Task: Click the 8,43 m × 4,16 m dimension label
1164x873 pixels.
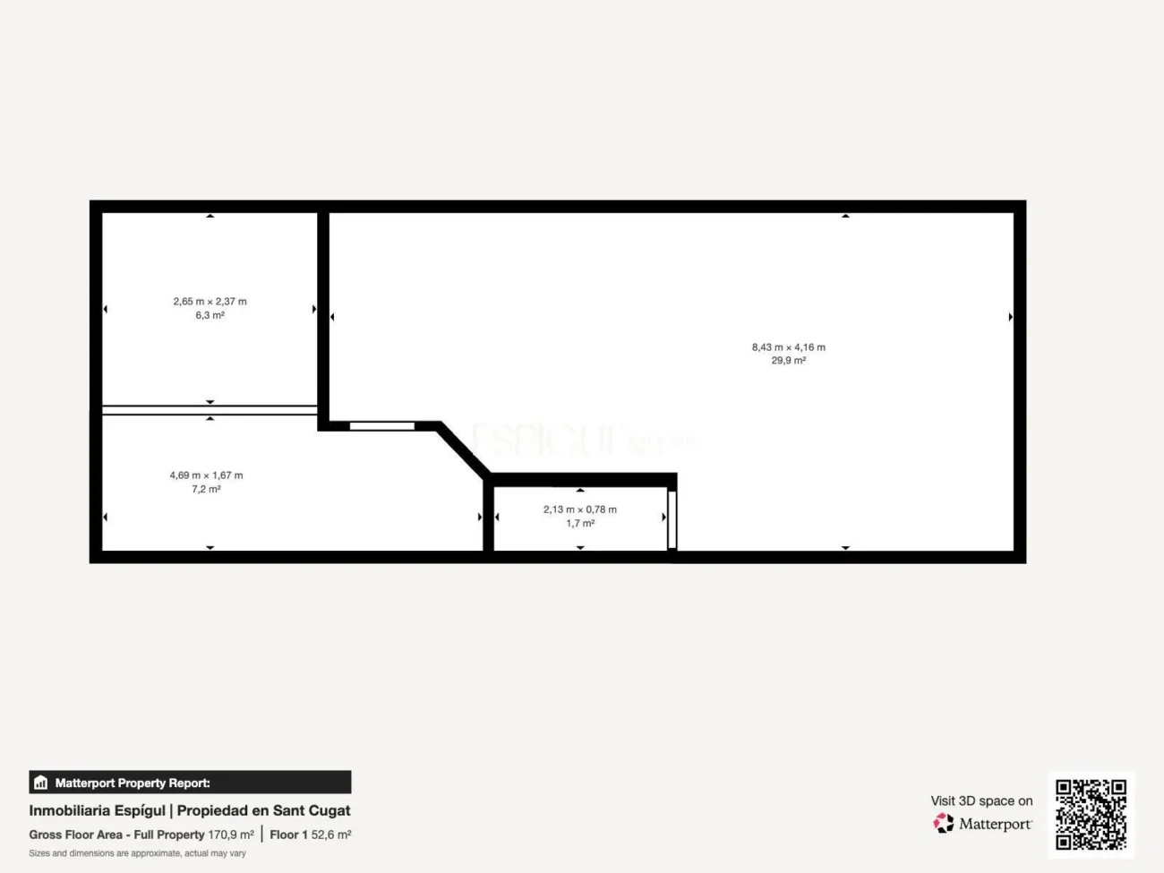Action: pos(788,347)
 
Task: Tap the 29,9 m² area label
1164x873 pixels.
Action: pos(788,361)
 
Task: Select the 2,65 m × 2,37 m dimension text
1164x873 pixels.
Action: pos(210,302)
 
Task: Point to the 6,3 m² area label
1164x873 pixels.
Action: pos(210,315)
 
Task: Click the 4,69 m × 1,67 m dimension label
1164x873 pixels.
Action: pos(206,475)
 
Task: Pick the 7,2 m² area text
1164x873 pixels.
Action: pos(206,489)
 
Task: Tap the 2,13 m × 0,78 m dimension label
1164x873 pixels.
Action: pos(579,509)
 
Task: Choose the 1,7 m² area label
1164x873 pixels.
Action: pos(579,523)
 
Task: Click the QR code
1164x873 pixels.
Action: pos(1091,814)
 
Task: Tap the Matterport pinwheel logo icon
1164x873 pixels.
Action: pos(944,823)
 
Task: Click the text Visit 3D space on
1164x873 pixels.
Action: pos(981,800)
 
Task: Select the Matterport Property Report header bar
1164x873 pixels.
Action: pos(190,783)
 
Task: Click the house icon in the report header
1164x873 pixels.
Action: pos(40,783)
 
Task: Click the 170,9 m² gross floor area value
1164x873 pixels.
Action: pos(231,834)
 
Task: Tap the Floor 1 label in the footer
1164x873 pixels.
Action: pos(288,834)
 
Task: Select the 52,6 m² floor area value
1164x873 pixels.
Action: pos(331,834)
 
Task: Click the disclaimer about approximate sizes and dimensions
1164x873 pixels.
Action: pos(137,853)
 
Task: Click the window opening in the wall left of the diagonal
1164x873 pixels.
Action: pos(381,426)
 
